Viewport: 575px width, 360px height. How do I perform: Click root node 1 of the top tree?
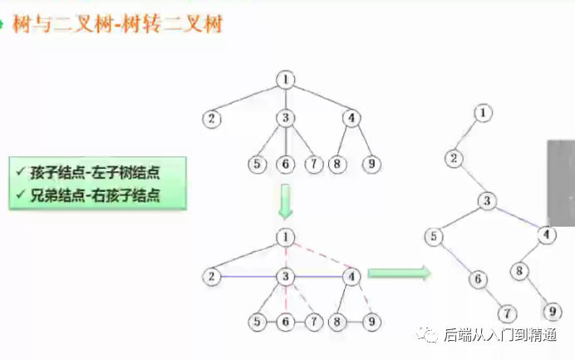tap(285, 80)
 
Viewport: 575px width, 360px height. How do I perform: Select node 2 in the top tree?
tap(213, 118)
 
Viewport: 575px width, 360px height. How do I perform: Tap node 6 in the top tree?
tap(285, 164)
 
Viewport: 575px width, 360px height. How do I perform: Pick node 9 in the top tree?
tap(372, 164)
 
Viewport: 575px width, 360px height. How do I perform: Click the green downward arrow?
tap(285, 200)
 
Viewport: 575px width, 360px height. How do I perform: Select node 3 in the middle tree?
tap(285, 276)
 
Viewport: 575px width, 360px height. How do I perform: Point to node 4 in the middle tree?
tap(352, 276)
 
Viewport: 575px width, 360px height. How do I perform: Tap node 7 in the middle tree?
tap(313, 321)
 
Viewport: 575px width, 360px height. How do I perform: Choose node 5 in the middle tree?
tap(259, 321)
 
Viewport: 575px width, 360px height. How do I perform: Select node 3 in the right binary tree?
tap(488, 200)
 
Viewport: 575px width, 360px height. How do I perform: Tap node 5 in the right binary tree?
tap(434, 238)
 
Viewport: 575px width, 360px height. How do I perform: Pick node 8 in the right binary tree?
tap(519, 270)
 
